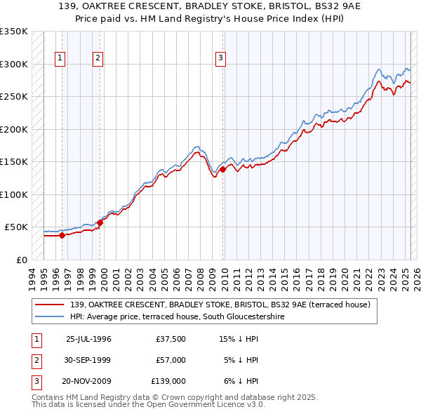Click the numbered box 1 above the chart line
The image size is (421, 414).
pos(61,58)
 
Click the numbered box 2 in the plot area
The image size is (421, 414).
pos(98,58)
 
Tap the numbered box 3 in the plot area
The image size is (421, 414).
pos(220,58)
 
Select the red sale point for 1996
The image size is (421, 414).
pos(62,235)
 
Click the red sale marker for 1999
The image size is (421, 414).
pos(100,222)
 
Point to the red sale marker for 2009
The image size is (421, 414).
pos(222,169)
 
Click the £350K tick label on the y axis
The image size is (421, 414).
pos(14,32)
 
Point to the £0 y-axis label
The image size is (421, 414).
pos(22,260)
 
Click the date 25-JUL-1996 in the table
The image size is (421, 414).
pos(88,339)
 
